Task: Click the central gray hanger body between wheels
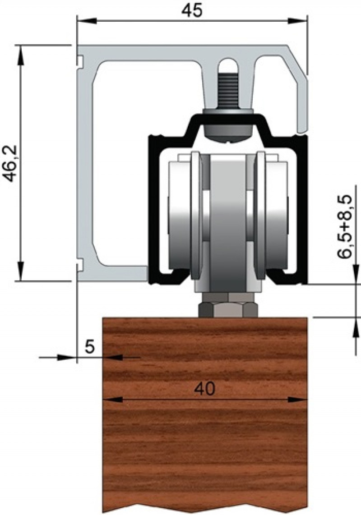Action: click(x=228, y=225)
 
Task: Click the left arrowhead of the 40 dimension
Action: click(x=110, y=400)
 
